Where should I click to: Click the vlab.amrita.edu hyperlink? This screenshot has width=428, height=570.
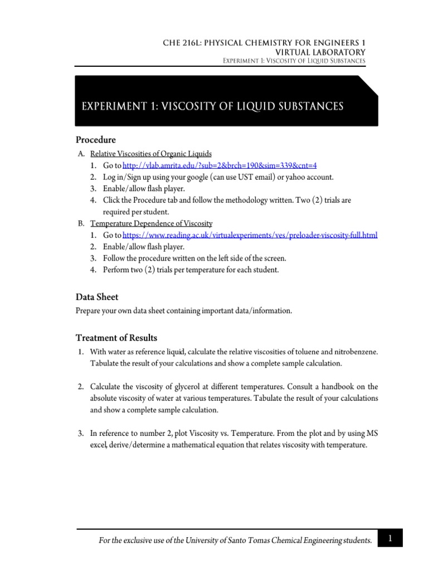coord(219,166)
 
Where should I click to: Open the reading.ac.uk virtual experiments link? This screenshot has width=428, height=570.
coord(250,235)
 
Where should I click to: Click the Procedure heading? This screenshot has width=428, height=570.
coord(96,140)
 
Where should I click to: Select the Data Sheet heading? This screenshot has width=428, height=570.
coord(97,297)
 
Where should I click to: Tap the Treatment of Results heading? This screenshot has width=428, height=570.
coord(116,338)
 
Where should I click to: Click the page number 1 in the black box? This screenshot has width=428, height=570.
coord(391,538)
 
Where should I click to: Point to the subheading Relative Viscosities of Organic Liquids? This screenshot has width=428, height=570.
coord(151,154)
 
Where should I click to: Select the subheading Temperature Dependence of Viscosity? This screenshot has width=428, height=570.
coord(151,223)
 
